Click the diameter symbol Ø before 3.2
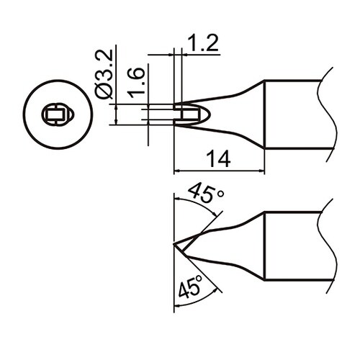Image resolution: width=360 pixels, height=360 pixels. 103,91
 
